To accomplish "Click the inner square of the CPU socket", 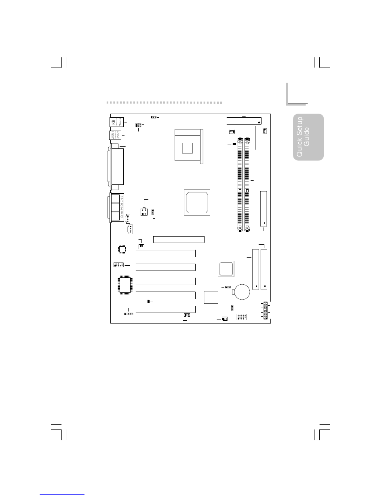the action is point(187,148).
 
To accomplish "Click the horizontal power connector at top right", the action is point(244,121).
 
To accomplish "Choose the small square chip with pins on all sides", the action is point(120,248).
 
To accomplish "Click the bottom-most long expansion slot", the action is point(166,309).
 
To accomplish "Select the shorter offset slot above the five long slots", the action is point(179,239).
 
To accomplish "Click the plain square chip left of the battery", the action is point(210,297).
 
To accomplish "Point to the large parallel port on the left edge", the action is point(116,168).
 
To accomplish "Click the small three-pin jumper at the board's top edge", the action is point(154,117).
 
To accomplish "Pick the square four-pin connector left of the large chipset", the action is point(143,211).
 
